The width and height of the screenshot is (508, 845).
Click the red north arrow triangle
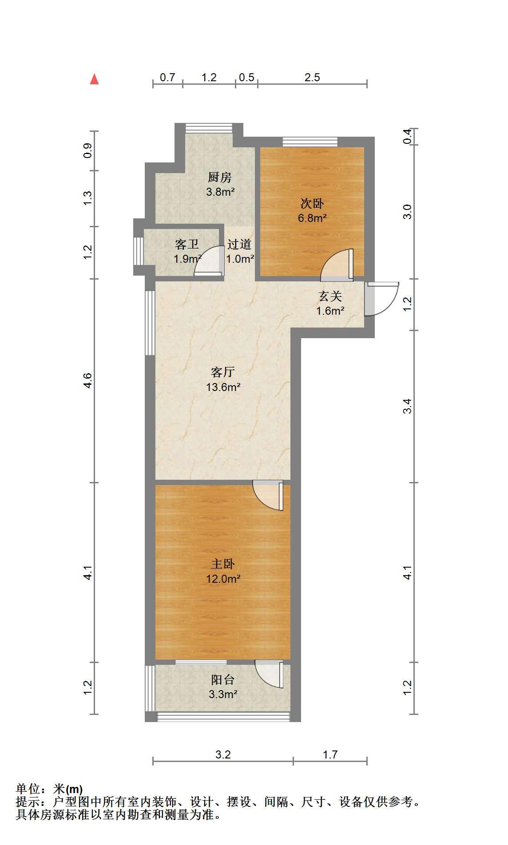(94, 79)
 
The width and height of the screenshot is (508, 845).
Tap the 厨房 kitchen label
(220, 178)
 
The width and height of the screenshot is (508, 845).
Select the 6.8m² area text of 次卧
(313, 218)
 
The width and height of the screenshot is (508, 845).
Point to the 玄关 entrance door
(381, 299)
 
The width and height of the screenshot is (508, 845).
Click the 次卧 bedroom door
(337, 265)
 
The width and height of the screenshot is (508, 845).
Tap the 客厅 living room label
(223, 371)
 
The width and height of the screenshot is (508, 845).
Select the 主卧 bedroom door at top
(268, 495)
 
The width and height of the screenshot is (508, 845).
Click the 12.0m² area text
(223, 579)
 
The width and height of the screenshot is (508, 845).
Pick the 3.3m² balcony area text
(223, 694)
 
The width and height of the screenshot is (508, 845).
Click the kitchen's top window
(209, 128)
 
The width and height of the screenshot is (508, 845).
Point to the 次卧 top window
(310, 142)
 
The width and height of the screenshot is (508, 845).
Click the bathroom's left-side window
(139, 251)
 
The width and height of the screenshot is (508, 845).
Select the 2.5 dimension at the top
(312, 77)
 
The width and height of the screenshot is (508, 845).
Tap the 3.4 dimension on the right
(407, 406)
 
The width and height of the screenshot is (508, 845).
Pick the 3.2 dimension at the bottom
(223, 754)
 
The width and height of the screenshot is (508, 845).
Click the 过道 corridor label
(240, 244)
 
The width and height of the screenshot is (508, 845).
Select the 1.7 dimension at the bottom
(330, 754)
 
